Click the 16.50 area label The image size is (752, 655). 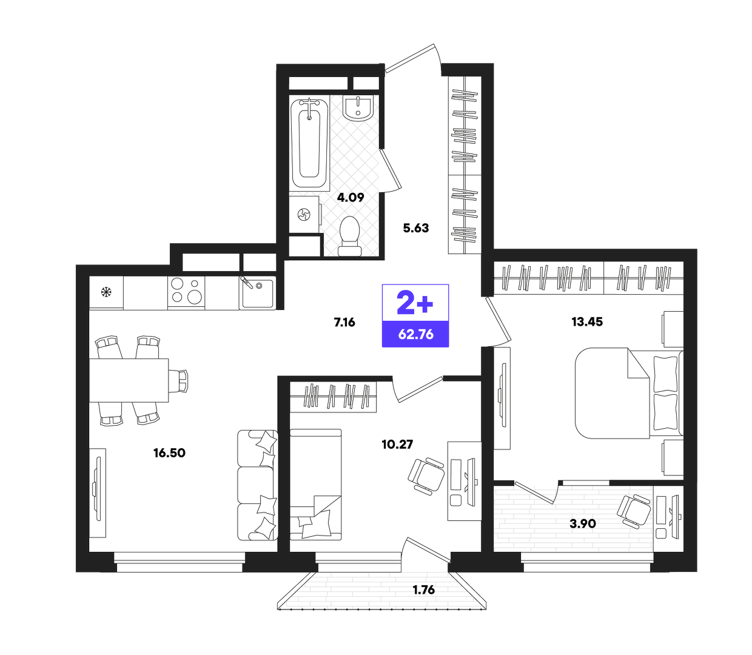(x=169, y=453)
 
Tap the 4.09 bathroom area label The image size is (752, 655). (x=351, y=198)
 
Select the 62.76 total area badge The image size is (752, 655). (x=415, y=334)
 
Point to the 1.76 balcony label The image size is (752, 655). (x=423, y=590)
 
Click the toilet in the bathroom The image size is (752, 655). (x=349, y=235)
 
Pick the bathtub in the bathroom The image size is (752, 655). (x=309, y=144)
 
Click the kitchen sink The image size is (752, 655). (x=257, y=292)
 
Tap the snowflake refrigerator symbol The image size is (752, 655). (x=106, y=292)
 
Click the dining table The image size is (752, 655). (x=129, y=380)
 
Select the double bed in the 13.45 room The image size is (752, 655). (x=629, y=393)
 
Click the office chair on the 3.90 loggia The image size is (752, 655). (x=634, y=511)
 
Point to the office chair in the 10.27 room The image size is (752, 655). (x=426, y=475)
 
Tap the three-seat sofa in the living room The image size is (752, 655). (x=257, y=485)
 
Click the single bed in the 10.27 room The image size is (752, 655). (x=316, y=484)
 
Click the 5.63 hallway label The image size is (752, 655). (x=415, y=228)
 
